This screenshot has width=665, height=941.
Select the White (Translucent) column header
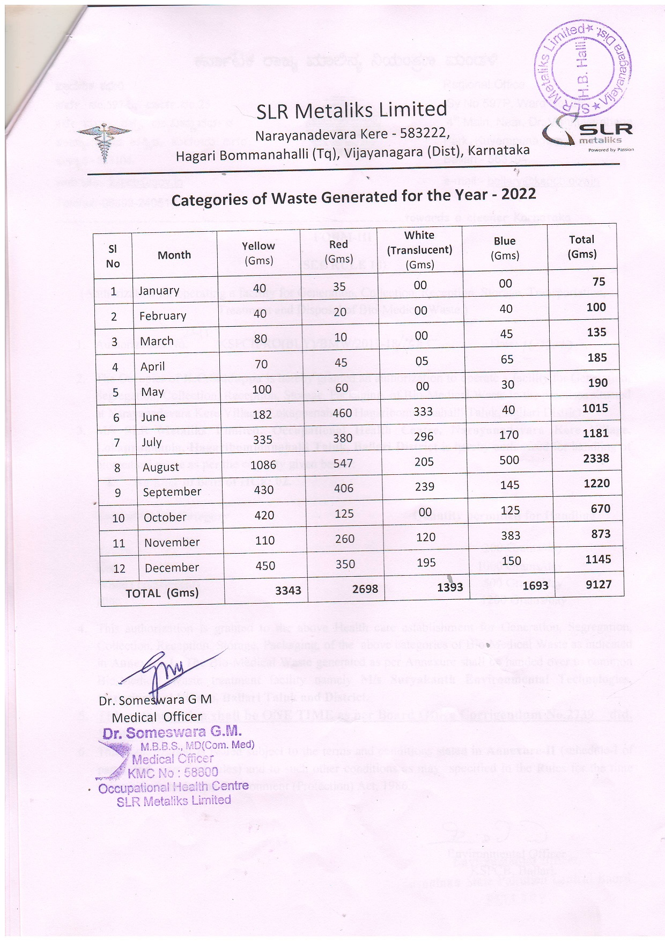click(x=419, y=249)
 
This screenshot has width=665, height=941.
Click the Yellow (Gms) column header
click(x=258, y=253)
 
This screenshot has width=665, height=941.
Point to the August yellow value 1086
click(x=263, y=465)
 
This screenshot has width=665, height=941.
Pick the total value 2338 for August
click(x=596, y=458)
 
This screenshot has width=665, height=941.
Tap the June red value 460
click(x=342, y=413)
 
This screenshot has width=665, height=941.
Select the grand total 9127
click(x=598, y=584)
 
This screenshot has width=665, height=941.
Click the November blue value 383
click(x=511, y=535)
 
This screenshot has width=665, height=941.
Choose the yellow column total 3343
click(x=288, y=591)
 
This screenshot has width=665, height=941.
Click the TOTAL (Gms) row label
click(x=162, y=593)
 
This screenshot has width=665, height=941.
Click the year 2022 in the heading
click(x=519, y=194)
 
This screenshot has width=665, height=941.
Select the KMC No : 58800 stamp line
click(x=173, y=773)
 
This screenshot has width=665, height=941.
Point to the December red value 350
click(x=345, y=564)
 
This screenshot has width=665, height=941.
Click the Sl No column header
click(x=113, y=256)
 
